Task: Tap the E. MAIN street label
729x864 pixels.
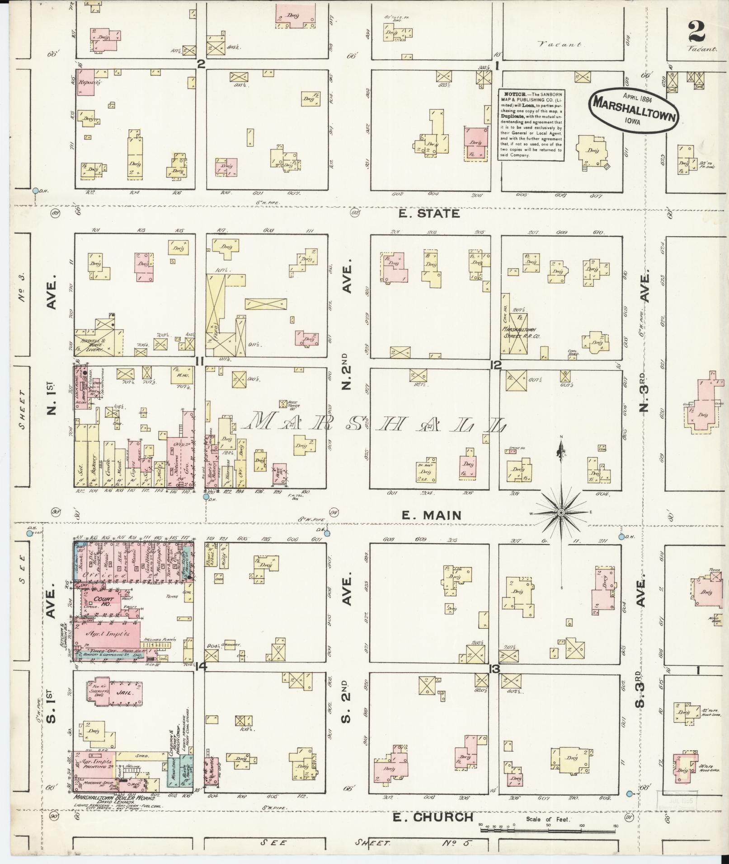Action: pos(431,515)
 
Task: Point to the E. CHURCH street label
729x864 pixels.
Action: pos(433,817)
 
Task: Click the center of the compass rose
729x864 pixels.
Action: pos(561,513)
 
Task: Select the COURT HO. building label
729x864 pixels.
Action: pos(104,602)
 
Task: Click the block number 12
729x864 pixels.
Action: pos(496,365)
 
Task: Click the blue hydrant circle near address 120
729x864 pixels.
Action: pos(206,497)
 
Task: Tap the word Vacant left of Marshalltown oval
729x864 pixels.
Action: pos(560,45)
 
